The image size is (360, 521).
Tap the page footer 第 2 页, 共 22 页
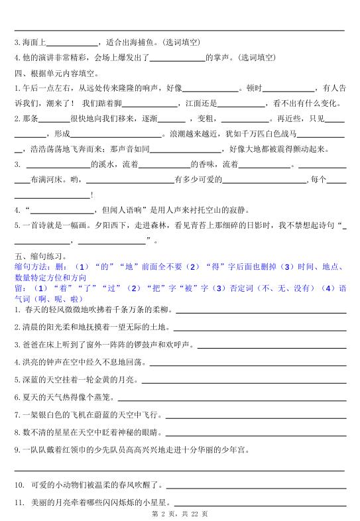(x=180, y=514)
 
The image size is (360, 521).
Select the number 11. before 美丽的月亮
(x=19, y=501)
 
